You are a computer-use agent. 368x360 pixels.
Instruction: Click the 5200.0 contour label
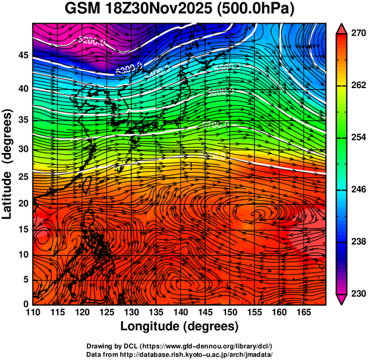coord(92,42)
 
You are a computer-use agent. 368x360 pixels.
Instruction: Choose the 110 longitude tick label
coord(33,312)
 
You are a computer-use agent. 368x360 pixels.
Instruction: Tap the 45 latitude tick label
coord(21,55)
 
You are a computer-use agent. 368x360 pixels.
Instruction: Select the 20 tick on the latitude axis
coord(21,203)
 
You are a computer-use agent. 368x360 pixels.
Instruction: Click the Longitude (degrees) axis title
coord(180,327)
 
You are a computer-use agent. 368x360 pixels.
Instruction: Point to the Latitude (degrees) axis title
coord(8,164)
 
